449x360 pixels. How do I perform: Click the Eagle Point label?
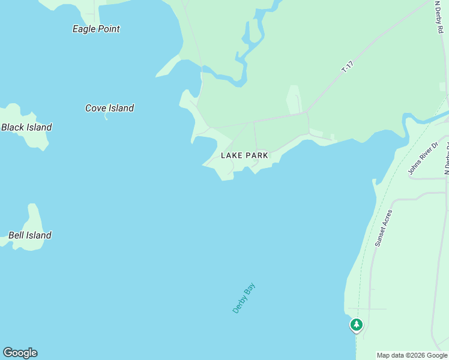tap(96, 29)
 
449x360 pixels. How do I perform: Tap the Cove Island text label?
tap(109, 108)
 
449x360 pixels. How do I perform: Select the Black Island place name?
tap(26, 127)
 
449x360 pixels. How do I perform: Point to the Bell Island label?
tap(29, 235)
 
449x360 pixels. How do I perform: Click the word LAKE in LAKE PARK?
tap(231, 155)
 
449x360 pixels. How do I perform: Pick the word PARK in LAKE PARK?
tap(256, 155)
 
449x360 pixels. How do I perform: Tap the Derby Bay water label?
tap(244, 298)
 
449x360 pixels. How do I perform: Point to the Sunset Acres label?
tap(384, 228)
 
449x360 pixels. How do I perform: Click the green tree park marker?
tap(357, 325)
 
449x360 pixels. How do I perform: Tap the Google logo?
tap(20, 353)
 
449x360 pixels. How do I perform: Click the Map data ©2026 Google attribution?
tap(412, 355)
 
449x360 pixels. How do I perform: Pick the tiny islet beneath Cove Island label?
tap(106, 116)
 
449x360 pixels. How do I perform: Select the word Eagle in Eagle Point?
tap(85, 29)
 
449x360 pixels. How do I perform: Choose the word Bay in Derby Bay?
tap(250, 289)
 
